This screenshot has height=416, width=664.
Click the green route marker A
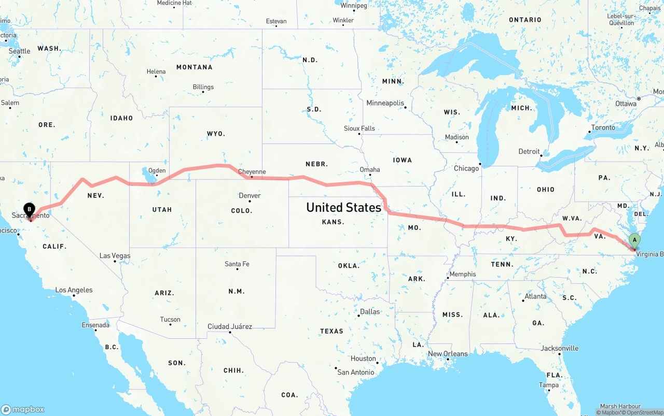point(634,240)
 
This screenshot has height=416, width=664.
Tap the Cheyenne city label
point(252,172)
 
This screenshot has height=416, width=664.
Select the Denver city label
point(250,196)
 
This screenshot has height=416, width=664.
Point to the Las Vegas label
point(115,256)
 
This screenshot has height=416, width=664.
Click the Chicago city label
point(466,168)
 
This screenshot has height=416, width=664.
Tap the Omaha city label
point(370,169)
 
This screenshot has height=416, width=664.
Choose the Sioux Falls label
point(359,128)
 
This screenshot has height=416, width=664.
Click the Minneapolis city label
point(385,103)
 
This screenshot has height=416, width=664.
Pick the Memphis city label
point(462,274)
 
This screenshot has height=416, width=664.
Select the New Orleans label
point(448,354)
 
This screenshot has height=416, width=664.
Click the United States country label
point(343,207)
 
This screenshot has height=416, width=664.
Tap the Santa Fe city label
point(237,264)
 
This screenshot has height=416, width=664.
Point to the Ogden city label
point(157,170)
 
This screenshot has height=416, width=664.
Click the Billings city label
point(203,87)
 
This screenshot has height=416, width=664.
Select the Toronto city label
point(603,127)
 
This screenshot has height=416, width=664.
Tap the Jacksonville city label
point(559,348)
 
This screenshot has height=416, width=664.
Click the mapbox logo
point(23,409)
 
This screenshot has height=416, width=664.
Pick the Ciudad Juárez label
point(230,326)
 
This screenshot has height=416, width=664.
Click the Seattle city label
point(20,51)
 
